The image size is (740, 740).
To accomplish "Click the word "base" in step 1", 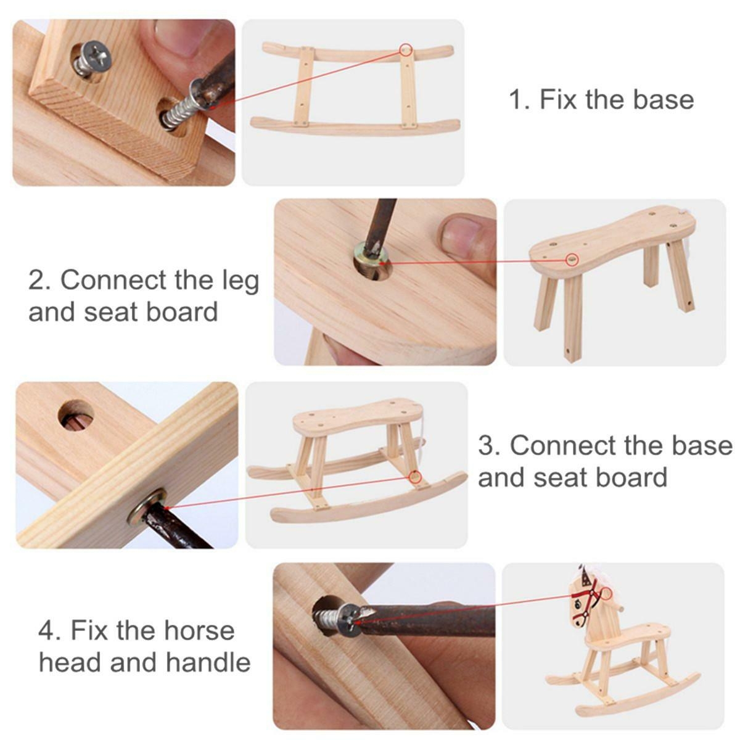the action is coord(664,99).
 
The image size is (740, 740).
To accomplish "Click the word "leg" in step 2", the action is coord(240,281).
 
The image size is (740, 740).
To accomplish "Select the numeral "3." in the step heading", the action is coord(490,445).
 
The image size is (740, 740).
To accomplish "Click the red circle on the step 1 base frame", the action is coord(406,49).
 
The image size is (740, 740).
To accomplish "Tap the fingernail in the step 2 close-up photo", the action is coord(461,235).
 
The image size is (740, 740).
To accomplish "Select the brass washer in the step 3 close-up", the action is coord(147,508).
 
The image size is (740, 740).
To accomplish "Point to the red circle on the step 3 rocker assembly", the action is coord(414,477).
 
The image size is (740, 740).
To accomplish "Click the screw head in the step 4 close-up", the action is coord(350,619).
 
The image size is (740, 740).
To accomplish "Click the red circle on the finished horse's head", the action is coord(606,593).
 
